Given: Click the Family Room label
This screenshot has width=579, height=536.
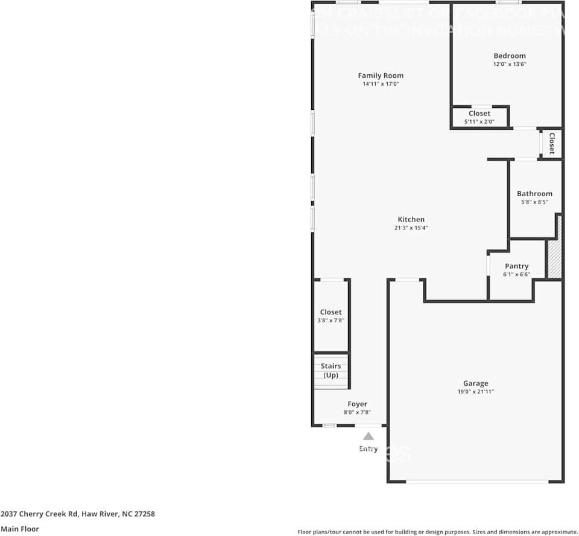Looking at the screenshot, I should pos(381,75).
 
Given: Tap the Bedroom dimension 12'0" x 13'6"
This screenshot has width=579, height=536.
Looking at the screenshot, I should pos(510,64).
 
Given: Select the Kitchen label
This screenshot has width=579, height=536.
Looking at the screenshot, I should pos(411,219).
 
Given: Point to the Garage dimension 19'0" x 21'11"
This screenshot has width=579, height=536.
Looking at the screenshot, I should pos(475,392).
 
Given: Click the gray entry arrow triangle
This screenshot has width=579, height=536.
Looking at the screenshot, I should pos(368,436).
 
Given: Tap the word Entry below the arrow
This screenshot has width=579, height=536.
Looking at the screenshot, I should pos(369,448).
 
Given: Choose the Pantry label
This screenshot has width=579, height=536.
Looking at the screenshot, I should pos(516,266).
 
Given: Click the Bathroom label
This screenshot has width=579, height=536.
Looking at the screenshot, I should pos(534,194).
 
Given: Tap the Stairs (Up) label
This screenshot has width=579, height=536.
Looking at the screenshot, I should pos(331,370).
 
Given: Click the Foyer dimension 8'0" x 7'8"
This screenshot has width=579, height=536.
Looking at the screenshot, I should pos(357,412).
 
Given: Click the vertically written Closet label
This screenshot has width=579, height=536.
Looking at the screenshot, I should pos(551,144).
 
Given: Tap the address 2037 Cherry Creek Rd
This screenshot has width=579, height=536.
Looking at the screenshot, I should pos(78,514).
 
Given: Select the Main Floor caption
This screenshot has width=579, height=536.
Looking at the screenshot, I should pos(20,529).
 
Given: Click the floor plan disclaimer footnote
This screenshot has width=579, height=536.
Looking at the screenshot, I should pos(437,532).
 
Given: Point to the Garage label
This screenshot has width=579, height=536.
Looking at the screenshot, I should pos(475,383).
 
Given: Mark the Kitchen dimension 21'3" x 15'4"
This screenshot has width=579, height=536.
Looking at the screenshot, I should pos(411,228).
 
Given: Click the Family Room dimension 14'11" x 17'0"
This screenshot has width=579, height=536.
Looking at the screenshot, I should pos(381,84).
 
